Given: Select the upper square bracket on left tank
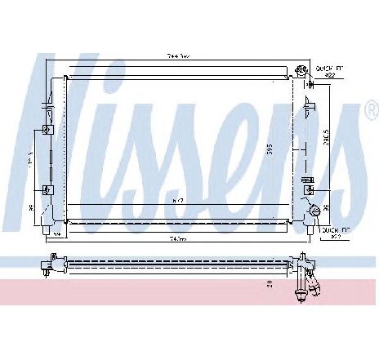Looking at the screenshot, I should (x=47, y=128).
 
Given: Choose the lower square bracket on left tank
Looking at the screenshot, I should (x=47, y=192).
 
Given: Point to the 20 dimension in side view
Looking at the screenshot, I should (x=268, y=282).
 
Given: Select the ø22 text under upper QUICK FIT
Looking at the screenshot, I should (x=331, y=75).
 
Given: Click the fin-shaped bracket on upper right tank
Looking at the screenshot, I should (x=308, y=103).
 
